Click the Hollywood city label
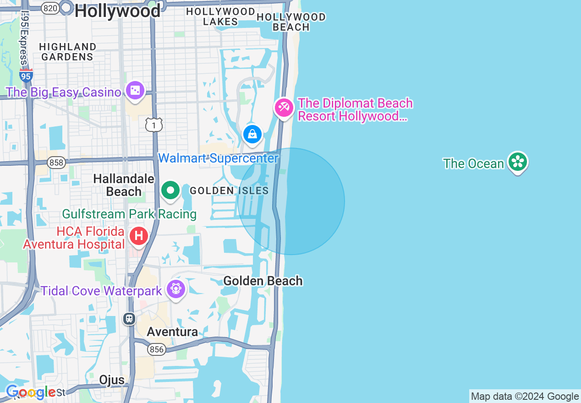coord(118,11)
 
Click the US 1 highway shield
coord(154,125)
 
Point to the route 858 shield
coord(56,163)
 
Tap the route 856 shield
coord(156,349)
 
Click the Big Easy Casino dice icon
coord(135,91)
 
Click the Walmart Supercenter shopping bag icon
coord(252,134)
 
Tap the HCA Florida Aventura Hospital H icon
coord(138,237)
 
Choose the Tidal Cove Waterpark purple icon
coord(176,289)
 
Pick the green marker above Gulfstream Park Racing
coord(170,190)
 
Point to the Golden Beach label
coord(263,281)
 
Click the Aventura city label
coord(172,332)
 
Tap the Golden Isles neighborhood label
coord(229,191)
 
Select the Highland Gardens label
coord(67,52)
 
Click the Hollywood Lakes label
coord(220,16)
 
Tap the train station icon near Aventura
coord(129,319)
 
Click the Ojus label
coord(112,380)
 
